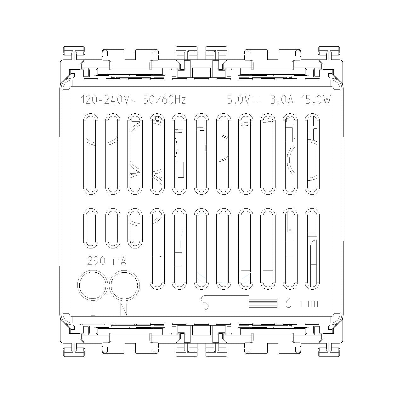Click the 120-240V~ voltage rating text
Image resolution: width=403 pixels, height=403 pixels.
pos(108,100)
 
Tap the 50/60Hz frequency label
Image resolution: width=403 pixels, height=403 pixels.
pos(164,100)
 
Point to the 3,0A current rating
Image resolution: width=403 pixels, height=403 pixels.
pos(282,100)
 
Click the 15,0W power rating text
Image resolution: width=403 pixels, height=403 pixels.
pos(315,100)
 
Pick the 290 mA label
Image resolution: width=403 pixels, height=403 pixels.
pos(107,261)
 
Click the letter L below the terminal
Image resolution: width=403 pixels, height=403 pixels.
pos(92,309)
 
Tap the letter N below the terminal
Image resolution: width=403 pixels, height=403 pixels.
pos(124,309)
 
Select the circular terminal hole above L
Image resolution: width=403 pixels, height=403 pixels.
pos(93,285)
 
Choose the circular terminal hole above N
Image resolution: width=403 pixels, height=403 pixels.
pos(124,285)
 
